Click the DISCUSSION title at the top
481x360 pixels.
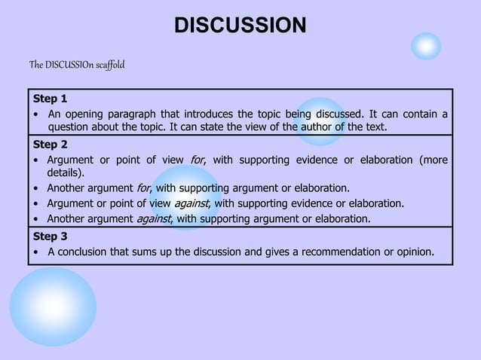240,26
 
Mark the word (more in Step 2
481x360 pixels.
433,160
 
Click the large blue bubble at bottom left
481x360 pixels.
53,307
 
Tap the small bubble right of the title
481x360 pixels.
426,47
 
